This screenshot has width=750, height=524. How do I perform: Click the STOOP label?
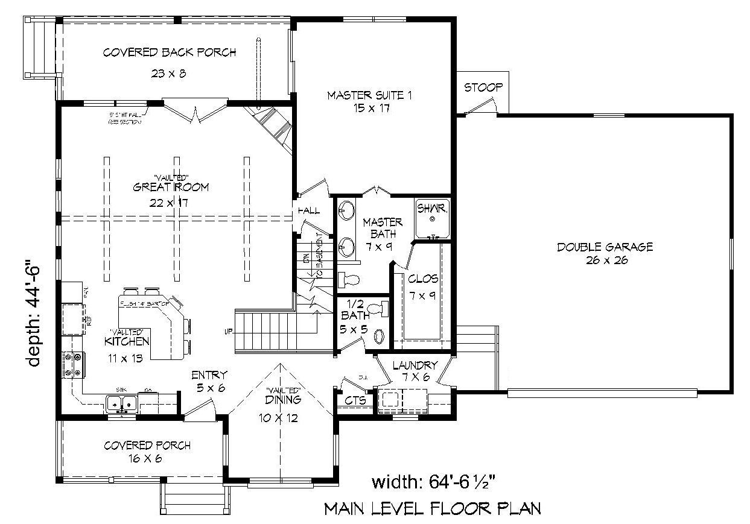click(483, 88)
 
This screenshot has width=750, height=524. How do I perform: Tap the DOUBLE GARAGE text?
click(605, 247)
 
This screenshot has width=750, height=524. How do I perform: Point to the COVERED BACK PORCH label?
click(169, 52)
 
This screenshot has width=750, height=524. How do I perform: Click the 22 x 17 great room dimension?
click(170, 202)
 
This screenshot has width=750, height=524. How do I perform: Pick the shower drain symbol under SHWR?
click(432, 220)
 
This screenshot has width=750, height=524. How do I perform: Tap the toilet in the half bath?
click(377, 309)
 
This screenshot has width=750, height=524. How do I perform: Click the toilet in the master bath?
click(349, 279)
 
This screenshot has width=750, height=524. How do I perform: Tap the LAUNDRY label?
click(415, 365)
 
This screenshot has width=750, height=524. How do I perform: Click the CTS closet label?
click(354, 400)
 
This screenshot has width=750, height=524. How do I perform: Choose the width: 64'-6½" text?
click(434, 482)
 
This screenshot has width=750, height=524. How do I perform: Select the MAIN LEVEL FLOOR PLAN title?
click(432, 509)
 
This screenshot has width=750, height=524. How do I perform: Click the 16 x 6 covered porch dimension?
click(147, 459)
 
